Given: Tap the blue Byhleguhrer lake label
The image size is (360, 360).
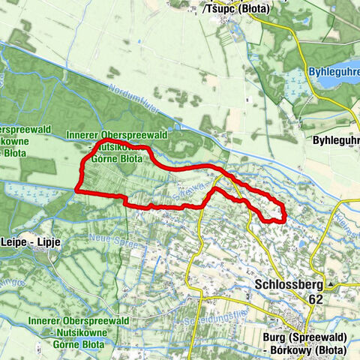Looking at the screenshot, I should pyautogui.click(x=334, y=73).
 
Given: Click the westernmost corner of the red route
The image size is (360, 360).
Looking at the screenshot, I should pyautogui.click(x=77, y=191).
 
